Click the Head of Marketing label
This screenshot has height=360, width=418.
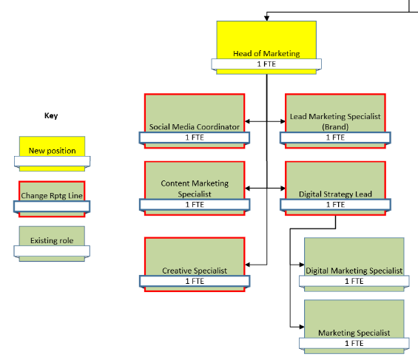point(266,53)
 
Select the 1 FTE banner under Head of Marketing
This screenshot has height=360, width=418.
point(266,64)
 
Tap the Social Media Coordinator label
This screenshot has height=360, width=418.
point(195,126)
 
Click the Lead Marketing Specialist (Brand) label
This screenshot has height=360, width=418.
point(335,121)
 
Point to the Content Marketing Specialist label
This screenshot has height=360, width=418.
point(195,189)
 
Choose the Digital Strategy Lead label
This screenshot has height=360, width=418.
point(335,194)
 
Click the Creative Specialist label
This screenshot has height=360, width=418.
point(195,271)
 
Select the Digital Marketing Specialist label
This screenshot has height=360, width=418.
point(354,271)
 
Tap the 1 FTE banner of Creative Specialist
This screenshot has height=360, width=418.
point(195,281)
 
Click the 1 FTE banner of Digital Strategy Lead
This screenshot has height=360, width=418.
point(335,205)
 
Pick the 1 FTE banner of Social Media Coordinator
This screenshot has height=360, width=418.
point(195,137)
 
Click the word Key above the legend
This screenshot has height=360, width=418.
point(51,115)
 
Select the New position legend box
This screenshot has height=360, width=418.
point(53,154)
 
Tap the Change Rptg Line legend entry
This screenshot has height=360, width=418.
point(52,199)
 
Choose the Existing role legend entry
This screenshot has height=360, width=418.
point(52,244)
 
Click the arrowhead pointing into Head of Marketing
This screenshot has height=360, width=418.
point(266,18)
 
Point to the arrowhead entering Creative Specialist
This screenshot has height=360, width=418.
point(247,265)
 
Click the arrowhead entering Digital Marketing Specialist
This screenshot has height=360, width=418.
point(302,265)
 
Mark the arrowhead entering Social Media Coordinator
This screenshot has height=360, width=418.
point(247,121)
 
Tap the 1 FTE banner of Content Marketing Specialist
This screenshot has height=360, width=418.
point(195,205)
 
